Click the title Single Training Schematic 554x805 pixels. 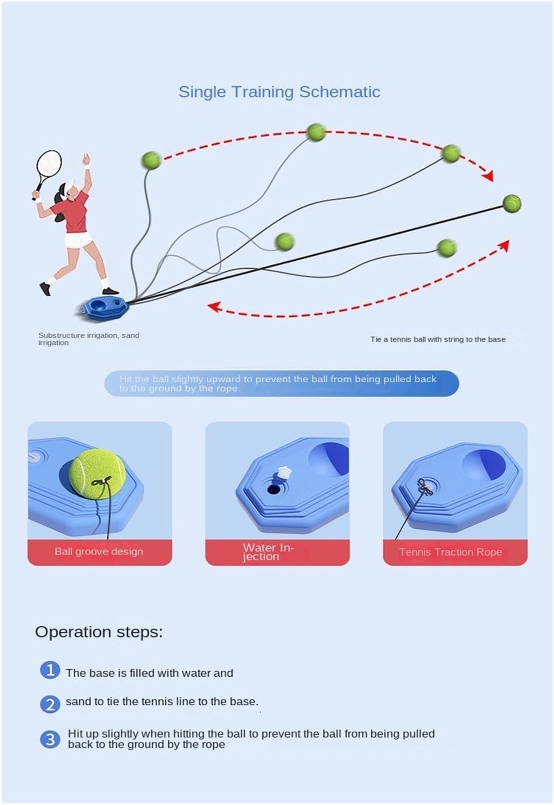pyautogui.click(x=279, y=92)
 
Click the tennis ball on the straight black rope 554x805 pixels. pyautogui.click(x=511, y=204)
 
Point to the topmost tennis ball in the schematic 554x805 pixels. pyautogui.click(x=316, y=132)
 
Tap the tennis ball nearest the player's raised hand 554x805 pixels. pyautogui.click(x=151, y=160)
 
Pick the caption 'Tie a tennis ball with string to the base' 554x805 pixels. pyautogui.click(x=438, y=339)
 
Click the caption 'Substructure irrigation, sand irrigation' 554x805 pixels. pyautogui.click(x=89, y=339)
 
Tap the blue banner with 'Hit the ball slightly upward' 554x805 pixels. pyautogui.click(x=282, y=383)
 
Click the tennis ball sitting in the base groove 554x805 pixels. pyautogui.click(x=97, y=473)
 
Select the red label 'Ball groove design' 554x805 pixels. pyautogui.click(x=100, y=552)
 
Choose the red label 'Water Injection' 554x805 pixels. pyautogui.click(x=277, y=552)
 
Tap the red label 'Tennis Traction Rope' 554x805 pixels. pyautogui.click(x=455, y=552)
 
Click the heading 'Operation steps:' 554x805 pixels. pyautogui.click(x=99, y=632)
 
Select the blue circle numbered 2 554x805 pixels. pyautogui.click(x=50, y=704)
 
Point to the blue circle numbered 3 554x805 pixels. pyautogui.click(x=50, y=740)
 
